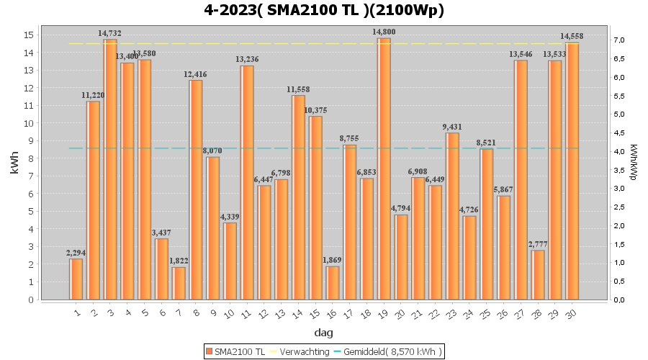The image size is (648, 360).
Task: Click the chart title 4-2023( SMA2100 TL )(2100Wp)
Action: pyautogui.click(x=324, y=11)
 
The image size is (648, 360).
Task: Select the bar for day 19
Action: pyautogui.click(x=384, y=169)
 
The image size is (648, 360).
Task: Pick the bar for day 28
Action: pyautogui.click(x=539, y=274)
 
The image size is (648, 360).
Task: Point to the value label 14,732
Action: pyautogui.click(x=109, y=33)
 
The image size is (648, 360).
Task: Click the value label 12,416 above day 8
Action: pyautogui.click(x=195, y=74)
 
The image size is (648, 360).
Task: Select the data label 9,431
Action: pyautogui.click(x=452, y=127)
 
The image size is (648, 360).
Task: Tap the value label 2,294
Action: pyautogui.click(x=76, y=253)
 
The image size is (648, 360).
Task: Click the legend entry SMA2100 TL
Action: pyautogui.click(x=235, y=351)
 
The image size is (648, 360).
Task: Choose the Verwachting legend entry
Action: pyautogui.click(x=301, y=351)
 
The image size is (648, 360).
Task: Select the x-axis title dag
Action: pyautogui.click(x=324, y=333)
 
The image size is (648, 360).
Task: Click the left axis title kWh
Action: pyautogui.click(x=15, y=167)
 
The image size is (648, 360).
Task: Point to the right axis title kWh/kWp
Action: pyautogui.click(x=634, y=162)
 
